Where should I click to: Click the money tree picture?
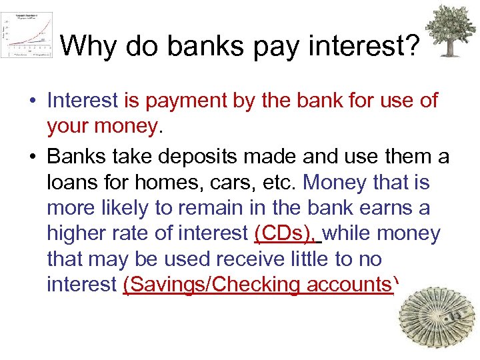[x=451, y=31]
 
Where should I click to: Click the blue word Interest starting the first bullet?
[x=82, y=101]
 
